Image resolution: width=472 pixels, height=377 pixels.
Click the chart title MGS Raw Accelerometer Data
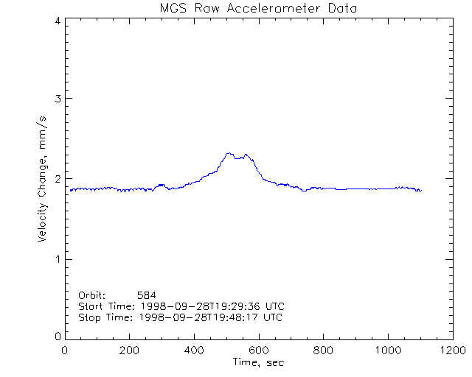(x=258, y=8)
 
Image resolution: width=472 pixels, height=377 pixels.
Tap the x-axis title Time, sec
(x=258, y=363)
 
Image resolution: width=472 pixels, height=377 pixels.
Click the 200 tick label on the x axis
(x=130, y=350)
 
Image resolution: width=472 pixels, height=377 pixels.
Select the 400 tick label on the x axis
(x=194, y=350)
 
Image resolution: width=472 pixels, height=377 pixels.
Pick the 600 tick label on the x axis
(x=258, y=350)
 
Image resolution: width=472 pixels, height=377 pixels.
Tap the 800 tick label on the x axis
(x=322, y=350)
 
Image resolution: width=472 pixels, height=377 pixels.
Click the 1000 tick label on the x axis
(x=386, y=350)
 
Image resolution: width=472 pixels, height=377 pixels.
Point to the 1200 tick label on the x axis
(x=451, y=350)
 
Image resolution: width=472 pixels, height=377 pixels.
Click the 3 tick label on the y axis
(x=57, y=99)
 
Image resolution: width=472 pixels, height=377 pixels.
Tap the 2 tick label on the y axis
(x=57, y=179)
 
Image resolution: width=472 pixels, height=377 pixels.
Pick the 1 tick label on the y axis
(x=57, y=259)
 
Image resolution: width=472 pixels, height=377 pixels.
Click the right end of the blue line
(x=421, y=191)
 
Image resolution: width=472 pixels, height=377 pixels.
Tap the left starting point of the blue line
(x=71, y=190)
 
